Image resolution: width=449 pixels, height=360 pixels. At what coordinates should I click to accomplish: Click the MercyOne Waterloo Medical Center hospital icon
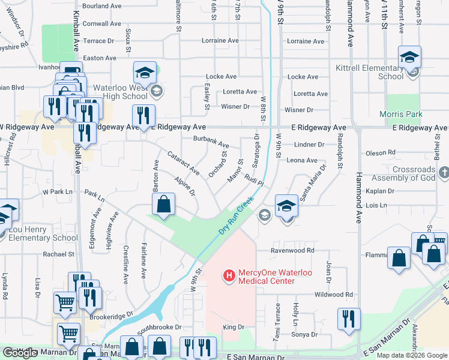point(228,276)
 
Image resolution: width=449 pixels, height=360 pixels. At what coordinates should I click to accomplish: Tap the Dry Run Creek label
point(234,218)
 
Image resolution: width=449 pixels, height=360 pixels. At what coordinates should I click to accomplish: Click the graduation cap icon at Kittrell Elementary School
point(410,58)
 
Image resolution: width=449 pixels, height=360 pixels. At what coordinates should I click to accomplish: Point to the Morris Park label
point(401,114)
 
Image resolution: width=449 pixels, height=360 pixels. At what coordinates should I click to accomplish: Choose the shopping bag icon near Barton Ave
point(163,205)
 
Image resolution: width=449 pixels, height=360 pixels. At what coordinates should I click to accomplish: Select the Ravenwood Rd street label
point(292,250)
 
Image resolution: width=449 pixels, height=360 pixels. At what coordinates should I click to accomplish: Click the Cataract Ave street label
point(183,163)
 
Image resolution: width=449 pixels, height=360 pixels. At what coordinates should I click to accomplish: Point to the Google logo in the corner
point(20,353)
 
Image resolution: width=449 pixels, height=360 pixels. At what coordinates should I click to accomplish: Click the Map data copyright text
point(412,355)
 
